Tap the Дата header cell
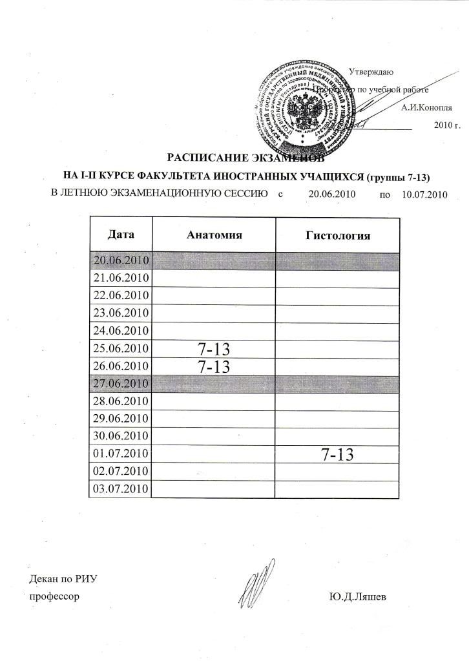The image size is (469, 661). click(x=121, y=234)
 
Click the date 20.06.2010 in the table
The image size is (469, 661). click(x=121, y=261)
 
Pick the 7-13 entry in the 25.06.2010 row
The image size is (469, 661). click(x=214, y=350)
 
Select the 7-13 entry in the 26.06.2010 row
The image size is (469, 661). click(x=214, y=367)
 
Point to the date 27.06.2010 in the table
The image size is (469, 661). click(x=121, y=384)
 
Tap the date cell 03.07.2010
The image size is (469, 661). click(x=121, y=488)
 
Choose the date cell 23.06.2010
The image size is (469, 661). click(x=121, y=313)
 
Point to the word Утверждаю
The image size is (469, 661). click(x=371, y=72)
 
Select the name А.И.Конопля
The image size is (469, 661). click(x=426, y=108)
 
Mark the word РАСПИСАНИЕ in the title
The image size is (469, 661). click(x=203, y=157)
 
